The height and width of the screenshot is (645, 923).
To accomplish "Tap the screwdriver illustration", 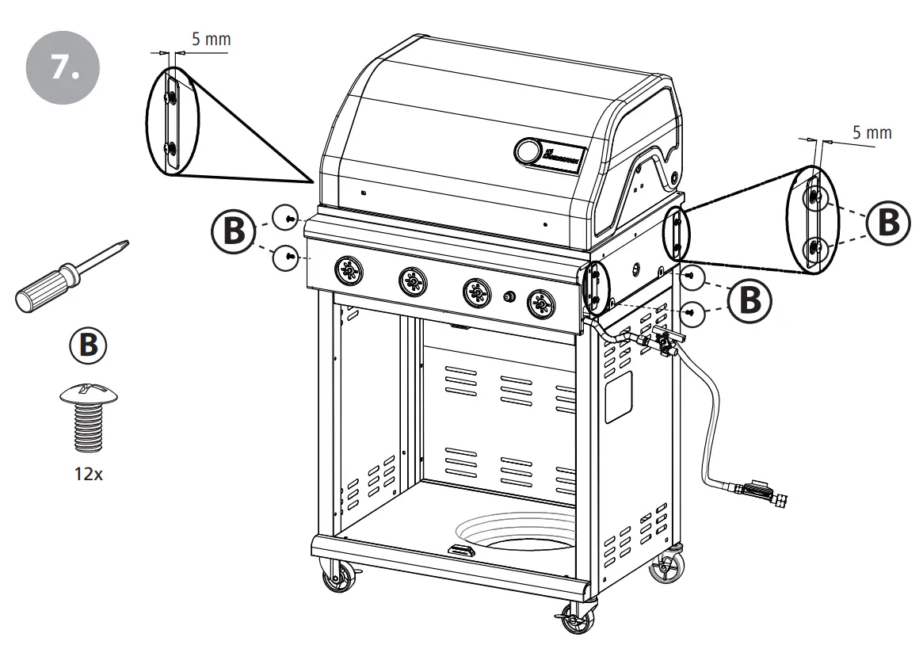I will coord(67,277).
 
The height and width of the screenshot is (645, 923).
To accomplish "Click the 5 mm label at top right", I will coord(872,132).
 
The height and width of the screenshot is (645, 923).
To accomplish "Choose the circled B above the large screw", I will coord(85,344).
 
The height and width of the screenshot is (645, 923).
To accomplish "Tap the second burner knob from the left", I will coord(410,279).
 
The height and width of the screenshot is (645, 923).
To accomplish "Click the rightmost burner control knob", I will coord(542,302).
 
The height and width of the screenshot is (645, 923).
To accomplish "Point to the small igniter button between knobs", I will coord(509,296).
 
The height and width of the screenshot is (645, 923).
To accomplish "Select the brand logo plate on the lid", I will coord(562,155).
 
